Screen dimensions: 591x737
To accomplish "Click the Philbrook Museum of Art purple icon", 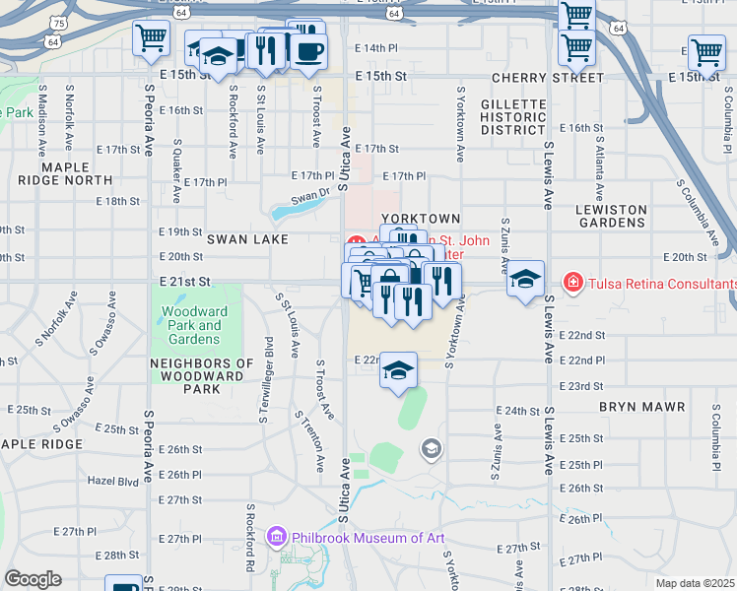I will [277, 537].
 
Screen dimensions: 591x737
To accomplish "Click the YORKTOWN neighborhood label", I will [422, 219].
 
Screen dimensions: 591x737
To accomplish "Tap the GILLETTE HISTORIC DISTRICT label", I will [512, 116].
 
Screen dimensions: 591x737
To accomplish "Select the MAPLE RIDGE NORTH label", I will [64, 173].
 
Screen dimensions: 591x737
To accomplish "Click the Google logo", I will [33, 579].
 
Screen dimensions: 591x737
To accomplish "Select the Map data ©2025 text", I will [695, 583].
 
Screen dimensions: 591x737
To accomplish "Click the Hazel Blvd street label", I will [112, 481].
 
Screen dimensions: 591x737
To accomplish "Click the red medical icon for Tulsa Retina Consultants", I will [572, 284].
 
